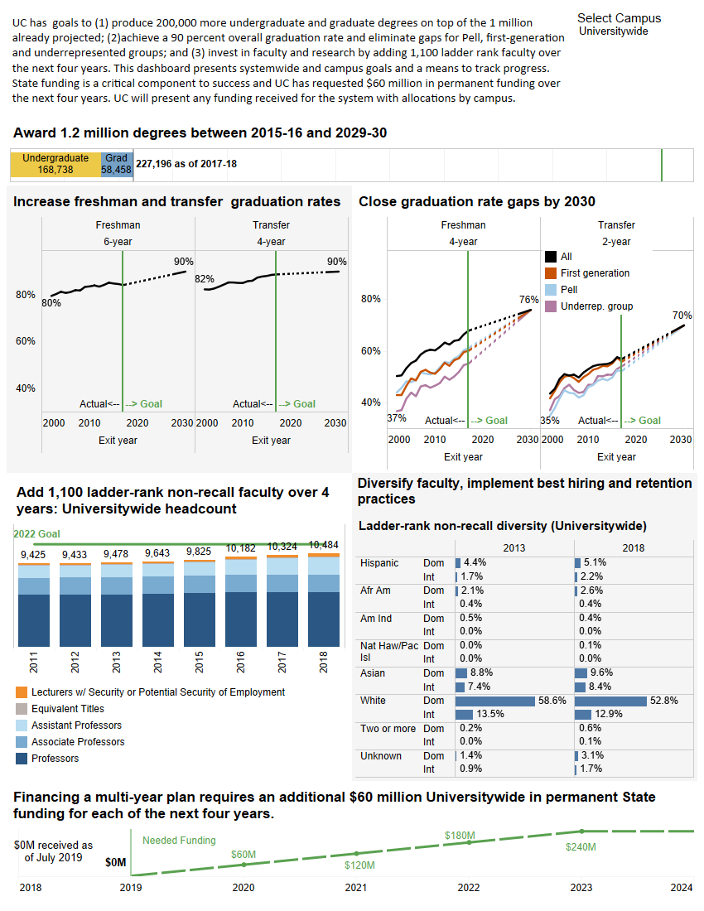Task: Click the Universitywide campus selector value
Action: click(x=614, y=31)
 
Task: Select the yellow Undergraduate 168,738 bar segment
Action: click(x=55, y=164)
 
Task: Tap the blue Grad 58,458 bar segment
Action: click(x=117, y=164)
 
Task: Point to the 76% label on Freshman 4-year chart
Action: click(x=528, y=300)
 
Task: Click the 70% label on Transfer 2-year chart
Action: click(x=682, y=316)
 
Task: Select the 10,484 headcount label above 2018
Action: click(x=323, y=545)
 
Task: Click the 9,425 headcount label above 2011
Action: click(x=33, y=555)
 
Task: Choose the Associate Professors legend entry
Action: click(x=78, y=742)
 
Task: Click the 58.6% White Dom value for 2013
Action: click(x=552, y=701)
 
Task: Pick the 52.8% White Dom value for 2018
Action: click(x=663, y=701)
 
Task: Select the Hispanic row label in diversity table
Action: click(x=379, y=563)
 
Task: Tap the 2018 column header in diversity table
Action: click(x=633, y=547)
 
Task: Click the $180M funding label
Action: click(x=457, y=835)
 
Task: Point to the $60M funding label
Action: click(x=244, y=854)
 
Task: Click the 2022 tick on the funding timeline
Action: click(x=469, y=888)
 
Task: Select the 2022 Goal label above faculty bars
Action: click(x=37, y=534)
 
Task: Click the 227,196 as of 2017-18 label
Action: click(x=186, y=164)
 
